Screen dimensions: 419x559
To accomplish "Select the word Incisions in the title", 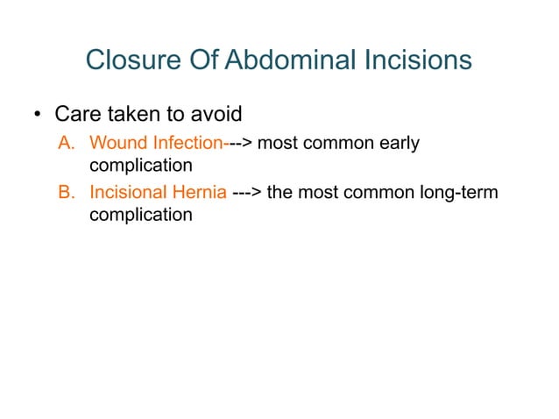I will pos(414,60).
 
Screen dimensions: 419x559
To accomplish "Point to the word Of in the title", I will pos(205,60).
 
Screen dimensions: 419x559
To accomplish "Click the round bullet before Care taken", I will pos(38,116).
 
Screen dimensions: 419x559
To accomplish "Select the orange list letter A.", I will pos(66,142).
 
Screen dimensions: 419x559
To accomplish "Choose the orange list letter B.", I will pos(66,191).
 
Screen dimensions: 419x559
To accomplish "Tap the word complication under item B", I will pos(141,214).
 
